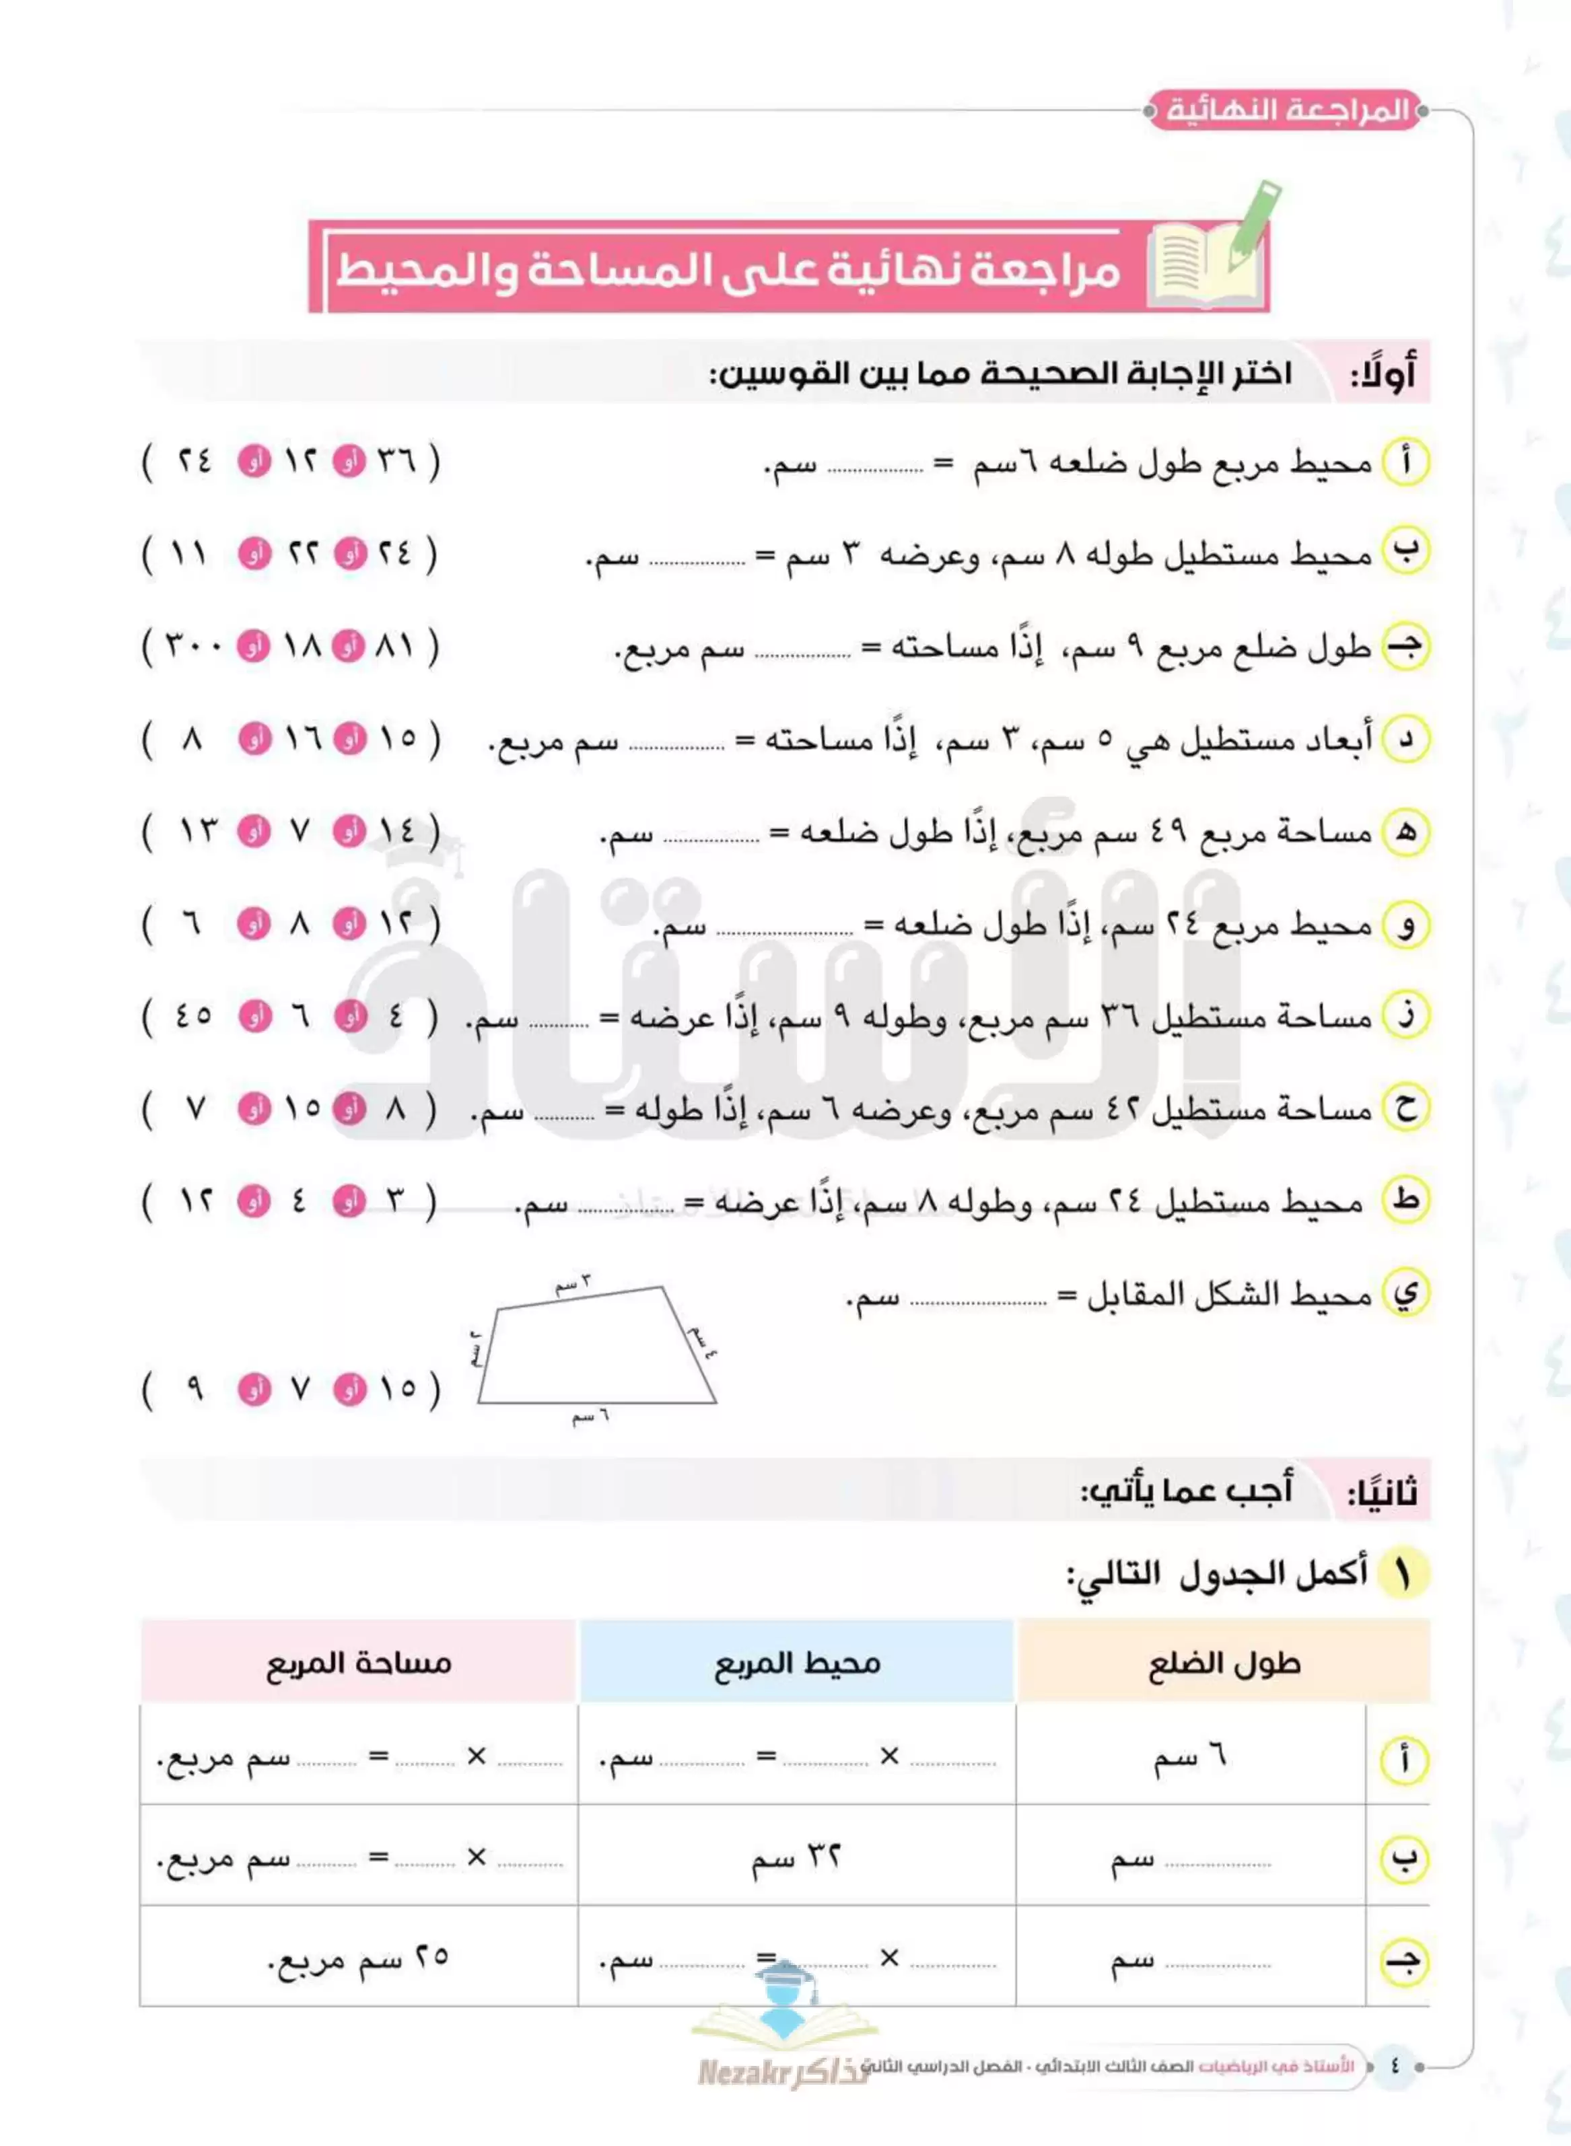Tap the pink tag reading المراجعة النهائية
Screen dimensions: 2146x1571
coord(1286,111)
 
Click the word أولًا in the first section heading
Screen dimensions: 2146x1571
coord(1384,373)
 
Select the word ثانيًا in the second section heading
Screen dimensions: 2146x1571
coord(1382,1491)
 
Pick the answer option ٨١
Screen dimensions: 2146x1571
coord(396,647)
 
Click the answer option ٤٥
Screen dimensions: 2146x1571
coord(194,1015)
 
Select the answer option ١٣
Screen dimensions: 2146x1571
coord(198,832)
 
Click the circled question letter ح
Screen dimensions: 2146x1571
coord(1405,1108)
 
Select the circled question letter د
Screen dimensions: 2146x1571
coord(1405,740)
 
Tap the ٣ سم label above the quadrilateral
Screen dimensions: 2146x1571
coord(573,1283)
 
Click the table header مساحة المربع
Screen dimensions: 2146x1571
coord(359,1663)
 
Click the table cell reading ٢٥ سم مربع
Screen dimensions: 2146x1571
coord(359,1959)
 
